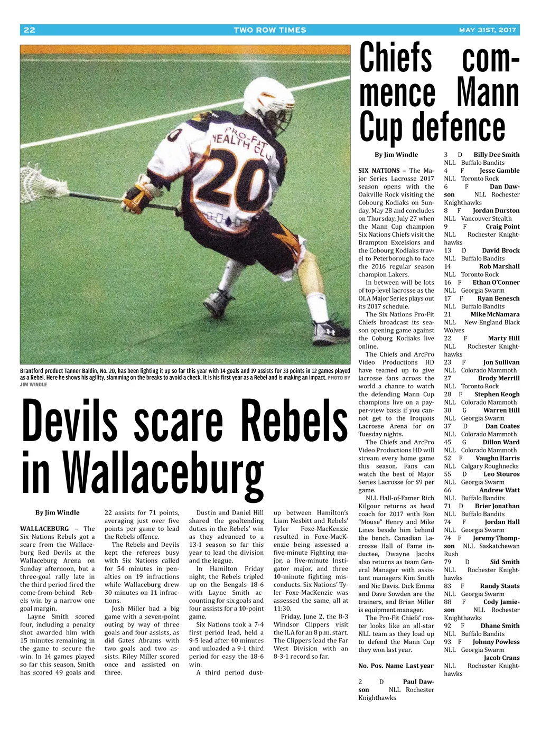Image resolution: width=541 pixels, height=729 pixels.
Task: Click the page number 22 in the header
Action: [x=30, y=30]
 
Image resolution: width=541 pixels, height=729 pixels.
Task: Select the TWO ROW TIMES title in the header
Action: [x=270, y=30]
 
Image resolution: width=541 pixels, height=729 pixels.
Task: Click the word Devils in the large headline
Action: [x=70, y=423]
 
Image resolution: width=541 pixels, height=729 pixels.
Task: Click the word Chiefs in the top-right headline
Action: [x=396, y=58]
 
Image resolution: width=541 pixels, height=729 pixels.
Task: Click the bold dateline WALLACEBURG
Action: [x=44, y=529]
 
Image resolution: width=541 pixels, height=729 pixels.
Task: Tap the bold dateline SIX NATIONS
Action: [x=379, y=171]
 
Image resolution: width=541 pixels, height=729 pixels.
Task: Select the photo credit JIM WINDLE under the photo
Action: [x=33, y=385]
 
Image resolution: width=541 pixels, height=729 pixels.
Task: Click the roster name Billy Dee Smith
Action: [x=496, y=155]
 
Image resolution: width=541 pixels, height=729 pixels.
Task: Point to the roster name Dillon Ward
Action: [x=500, y=442]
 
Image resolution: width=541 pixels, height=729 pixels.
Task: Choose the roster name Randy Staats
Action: [x=499, y=586]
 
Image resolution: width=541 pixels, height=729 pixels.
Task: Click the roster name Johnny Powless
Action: [x=496, y=642]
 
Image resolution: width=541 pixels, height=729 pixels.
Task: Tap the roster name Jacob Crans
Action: [x=501, y=658]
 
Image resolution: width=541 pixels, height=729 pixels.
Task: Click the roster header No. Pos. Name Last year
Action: [x=396, y=666]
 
